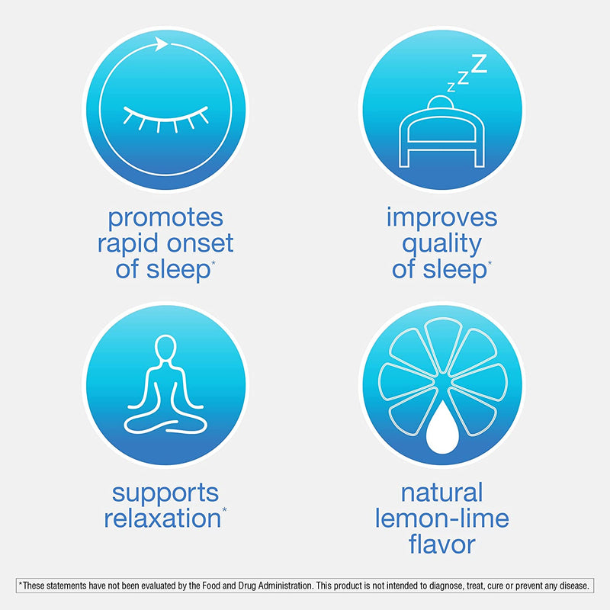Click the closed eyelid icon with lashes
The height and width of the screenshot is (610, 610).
[x=164, y=116]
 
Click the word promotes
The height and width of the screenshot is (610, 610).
[x=165, y=218]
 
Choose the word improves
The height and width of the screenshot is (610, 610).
[x=441, y=218]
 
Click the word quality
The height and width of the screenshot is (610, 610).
[x=442, y=244]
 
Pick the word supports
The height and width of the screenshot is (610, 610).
[x=165, y=493]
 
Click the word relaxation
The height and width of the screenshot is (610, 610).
[x=161, y=518]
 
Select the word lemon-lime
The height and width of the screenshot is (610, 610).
[x=441, y=518]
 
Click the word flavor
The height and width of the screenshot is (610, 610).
[x=441, y=544]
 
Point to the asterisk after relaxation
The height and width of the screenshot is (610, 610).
[x=224, y=511]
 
